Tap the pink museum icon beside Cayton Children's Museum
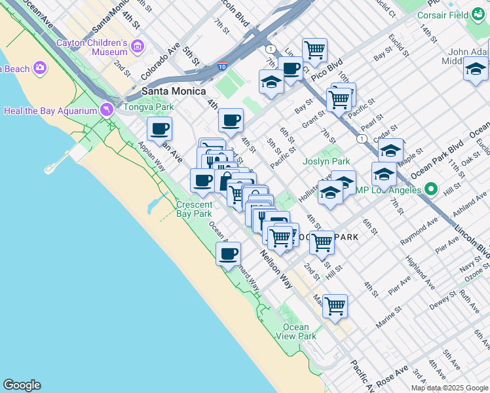(138, 46)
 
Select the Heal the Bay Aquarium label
(50, 111)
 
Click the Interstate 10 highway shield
(222, 66)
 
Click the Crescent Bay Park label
(194, 209)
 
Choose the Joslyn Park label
(326, 161)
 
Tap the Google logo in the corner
(22, 385)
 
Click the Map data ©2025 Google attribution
(449, 388)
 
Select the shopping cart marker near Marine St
(335, 306)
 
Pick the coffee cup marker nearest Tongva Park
(159, 128)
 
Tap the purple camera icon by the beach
(41, 68)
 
